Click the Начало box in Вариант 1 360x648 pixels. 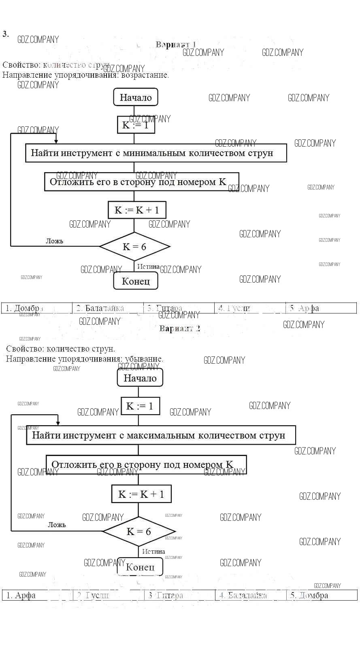pos(136,98)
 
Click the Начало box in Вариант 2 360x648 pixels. pos(140,378)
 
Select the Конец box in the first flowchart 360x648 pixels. pos(136,281)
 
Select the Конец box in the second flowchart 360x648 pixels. pos(140,567)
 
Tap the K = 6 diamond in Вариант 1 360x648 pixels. pos(134,247)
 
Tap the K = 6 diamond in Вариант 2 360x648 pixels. pos(138,531)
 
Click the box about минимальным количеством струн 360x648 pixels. pos(156,153)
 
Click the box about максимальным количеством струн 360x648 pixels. pos(161,435)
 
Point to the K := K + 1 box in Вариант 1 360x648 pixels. pos(137,210)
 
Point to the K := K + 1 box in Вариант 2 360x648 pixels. pos(141,494)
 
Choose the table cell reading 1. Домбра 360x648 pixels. pos(37,308)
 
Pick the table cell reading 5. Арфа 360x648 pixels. pos(321,308)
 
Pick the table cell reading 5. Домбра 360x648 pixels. pos(322,595)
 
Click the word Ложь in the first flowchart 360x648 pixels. pos(54,241)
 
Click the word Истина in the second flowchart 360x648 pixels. pos(153,552)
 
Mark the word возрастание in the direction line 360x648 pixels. pos(144,75)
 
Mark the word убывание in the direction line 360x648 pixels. pos(143,359)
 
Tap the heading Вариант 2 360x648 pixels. pos(180,328)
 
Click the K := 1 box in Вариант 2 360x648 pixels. pos(140,406)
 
